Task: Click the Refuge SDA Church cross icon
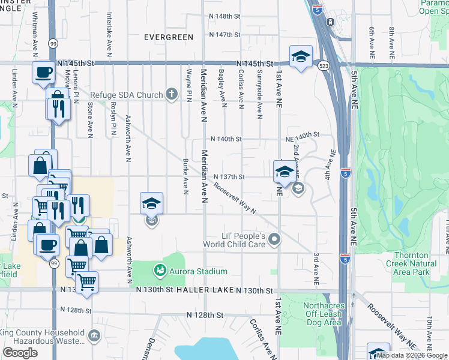tap(172, 94)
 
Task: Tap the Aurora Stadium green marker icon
tap(160, 271)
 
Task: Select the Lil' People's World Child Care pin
tap(274, 240)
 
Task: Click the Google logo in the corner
tap(20, 353)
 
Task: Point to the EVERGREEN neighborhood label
tap(169, 37)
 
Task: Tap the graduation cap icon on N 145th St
tap(301, 57)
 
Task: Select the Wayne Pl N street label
tap(188, 85)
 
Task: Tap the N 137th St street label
tap(229, 177)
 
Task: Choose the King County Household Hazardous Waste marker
tap(94, 337)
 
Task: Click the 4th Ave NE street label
tap(330, 166)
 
